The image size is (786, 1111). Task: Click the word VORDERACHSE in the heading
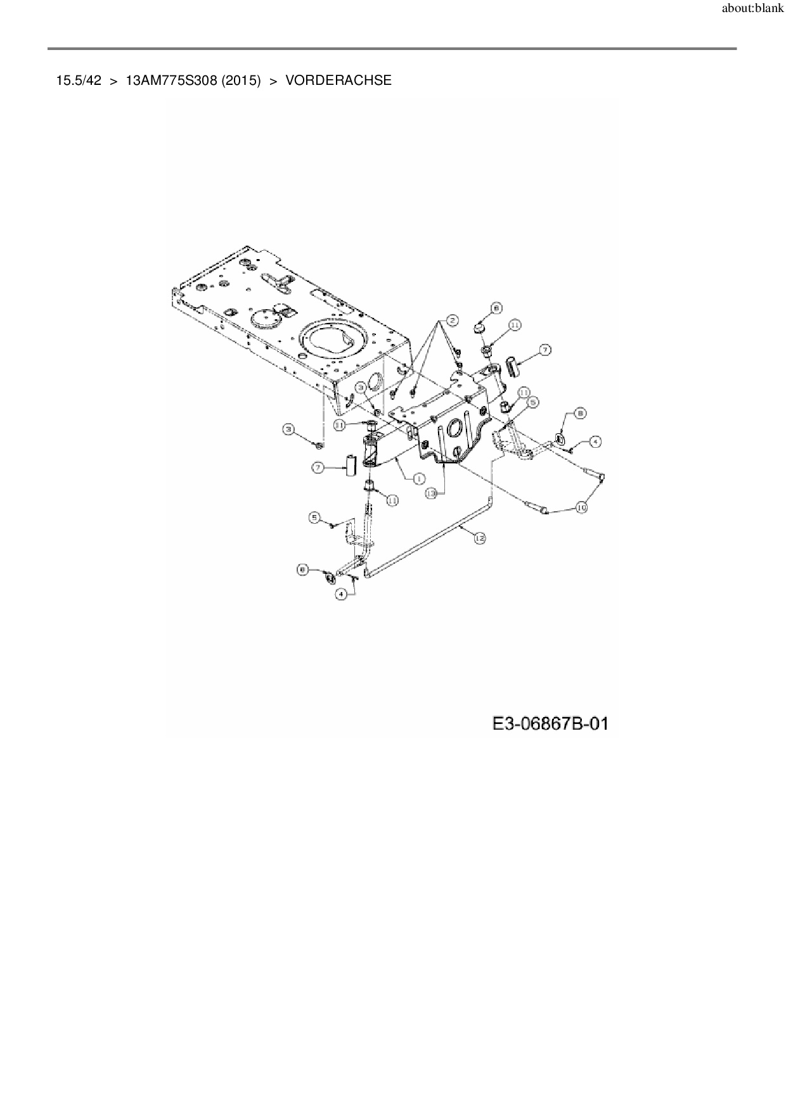coord(338,80)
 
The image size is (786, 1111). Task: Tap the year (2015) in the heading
coord(241,80)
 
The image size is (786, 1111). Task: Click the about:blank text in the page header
coord(752,10)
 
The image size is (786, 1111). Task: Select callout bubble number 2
coord(451,320)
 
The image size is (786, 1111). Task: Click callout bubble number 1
coord(419,479)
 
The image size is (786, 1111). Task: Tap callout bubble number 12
coord(479,538)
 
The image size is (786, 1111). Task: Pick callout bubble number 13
coord(432,493)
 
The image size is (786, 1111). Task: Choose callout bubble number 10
coord(582,507)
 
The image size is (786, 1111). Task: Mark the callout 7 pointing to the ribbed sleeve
coord(544,349)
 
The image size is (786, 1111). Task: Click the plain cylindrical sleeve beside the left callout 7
coord(350,466)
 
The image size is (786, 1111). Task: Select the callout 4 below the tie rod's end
coord(342,594)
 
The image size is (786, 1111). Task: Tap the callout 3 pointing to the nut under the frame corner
coord(289,430)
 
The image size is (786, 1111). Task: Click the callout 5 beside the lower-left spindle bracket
coord(314,518)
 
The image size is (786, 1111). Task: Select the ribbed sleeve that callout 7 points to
coord(512,365)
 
